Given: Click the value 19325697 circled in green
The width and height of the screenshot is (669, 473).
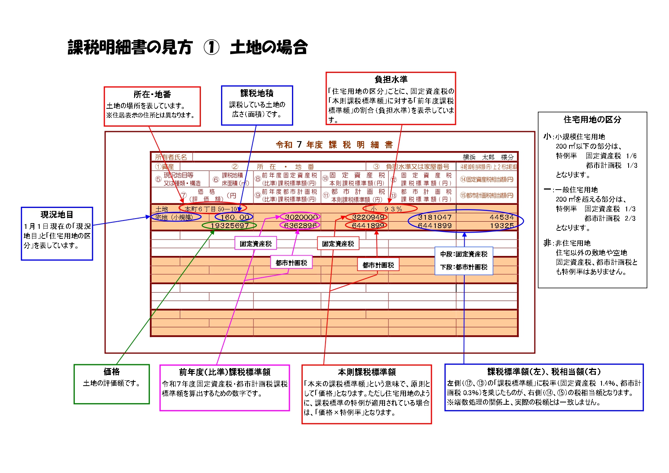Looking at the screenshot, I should coord(229,225).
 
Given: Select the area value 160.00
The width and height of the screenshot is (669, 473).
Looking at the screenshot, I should coord(234,217).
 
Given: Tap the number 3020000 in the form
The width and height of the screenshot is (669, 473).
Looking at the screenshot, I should coord(301,217).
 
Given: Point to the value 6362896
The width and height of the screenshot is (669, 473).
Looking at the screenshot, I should coord(300,225).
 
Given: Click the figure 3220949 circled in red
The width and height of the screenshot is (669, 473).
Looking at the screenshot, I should coord(367,217).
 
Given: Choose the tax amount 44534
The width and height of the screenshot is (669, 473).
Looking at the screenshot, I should coord(502,217).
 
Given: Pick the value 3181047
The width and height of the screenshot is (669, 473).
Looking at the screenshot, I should coord(435,217).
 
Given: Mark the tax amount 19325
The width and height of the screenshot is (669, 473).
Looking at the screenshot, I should coord(502,225).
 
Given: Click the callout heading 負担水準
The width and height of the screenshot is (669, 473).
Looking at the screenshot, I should coord(391,79).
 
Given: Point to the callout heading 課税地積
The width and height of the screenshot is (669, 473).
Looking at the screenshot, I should coord(257,93).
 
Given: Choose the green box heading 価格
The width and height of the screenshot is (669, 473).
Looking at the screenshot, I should coord(112,372).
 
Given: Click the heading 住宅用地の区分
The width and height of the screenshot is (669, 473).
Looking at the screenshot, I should coord(592,120).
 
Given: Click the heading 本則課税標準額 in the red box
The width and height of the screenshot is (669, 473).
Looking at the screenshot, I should coord(367,372).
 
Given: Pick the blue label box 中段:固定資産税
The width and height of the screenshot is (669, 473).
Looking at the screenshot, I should coord(464,254).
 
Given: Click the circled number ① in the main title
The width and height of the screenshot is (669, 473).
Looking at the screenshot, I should coord(211,48).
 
